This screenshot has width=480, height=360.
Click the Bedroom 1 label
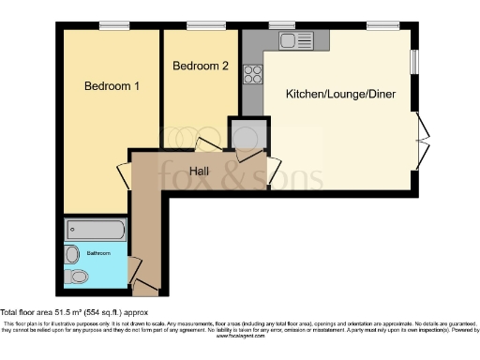[x=112, y=86]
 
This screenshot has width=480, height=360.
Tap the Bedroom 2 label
[x=201, y=67]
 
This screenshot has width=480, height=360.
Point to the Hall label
[x=199, y=171]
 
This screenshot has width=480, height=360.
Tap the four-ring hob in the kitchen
[x=252, y=73]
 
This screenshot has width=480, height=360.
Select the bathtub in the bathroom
[x=96, y=231]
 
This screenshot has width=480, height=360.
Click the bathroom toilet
[x=79, y=276]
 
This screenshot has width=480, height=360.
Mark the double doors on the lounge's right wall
[x=422, y=142]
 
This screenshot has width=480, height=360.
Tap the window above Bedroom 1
[x=115, y=24]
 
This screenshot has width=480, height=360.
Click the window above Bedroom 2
[x=200, y=24]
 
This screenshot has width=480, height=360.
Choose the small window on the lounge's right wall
[x=414, y=58]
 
